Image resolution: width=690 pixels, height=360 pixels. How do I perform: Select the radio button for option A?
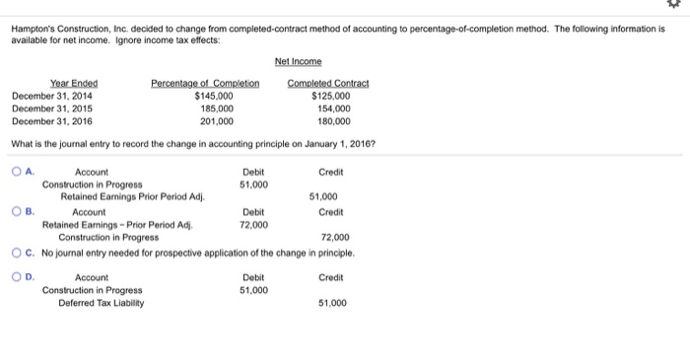[17, 172]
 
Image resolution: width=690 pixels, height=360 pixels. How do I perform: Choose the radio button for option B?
[17, 211]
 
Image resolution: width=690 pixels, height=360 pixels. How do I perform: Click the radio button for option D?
[17, 277]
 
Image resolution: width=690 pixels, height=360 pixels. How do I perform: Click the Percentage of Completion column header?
[205, 83]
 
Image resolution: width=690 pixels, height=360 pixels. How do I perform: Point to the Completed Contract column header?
[328, 83]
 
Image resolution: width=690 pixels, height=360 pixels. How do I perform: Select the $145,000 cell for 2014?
[214, 96]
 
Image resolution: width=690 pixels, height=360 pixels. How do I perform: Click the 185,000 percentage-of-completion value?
[217, 108]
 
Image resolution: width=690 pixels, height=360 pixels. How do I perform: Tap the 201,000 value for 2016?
[217, 121]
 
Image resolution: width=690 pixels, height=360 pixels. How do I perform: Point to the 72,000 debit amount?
[252, 224]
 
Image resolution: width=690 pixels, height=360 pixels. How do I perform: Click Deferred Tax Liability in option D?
[101, 303]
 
